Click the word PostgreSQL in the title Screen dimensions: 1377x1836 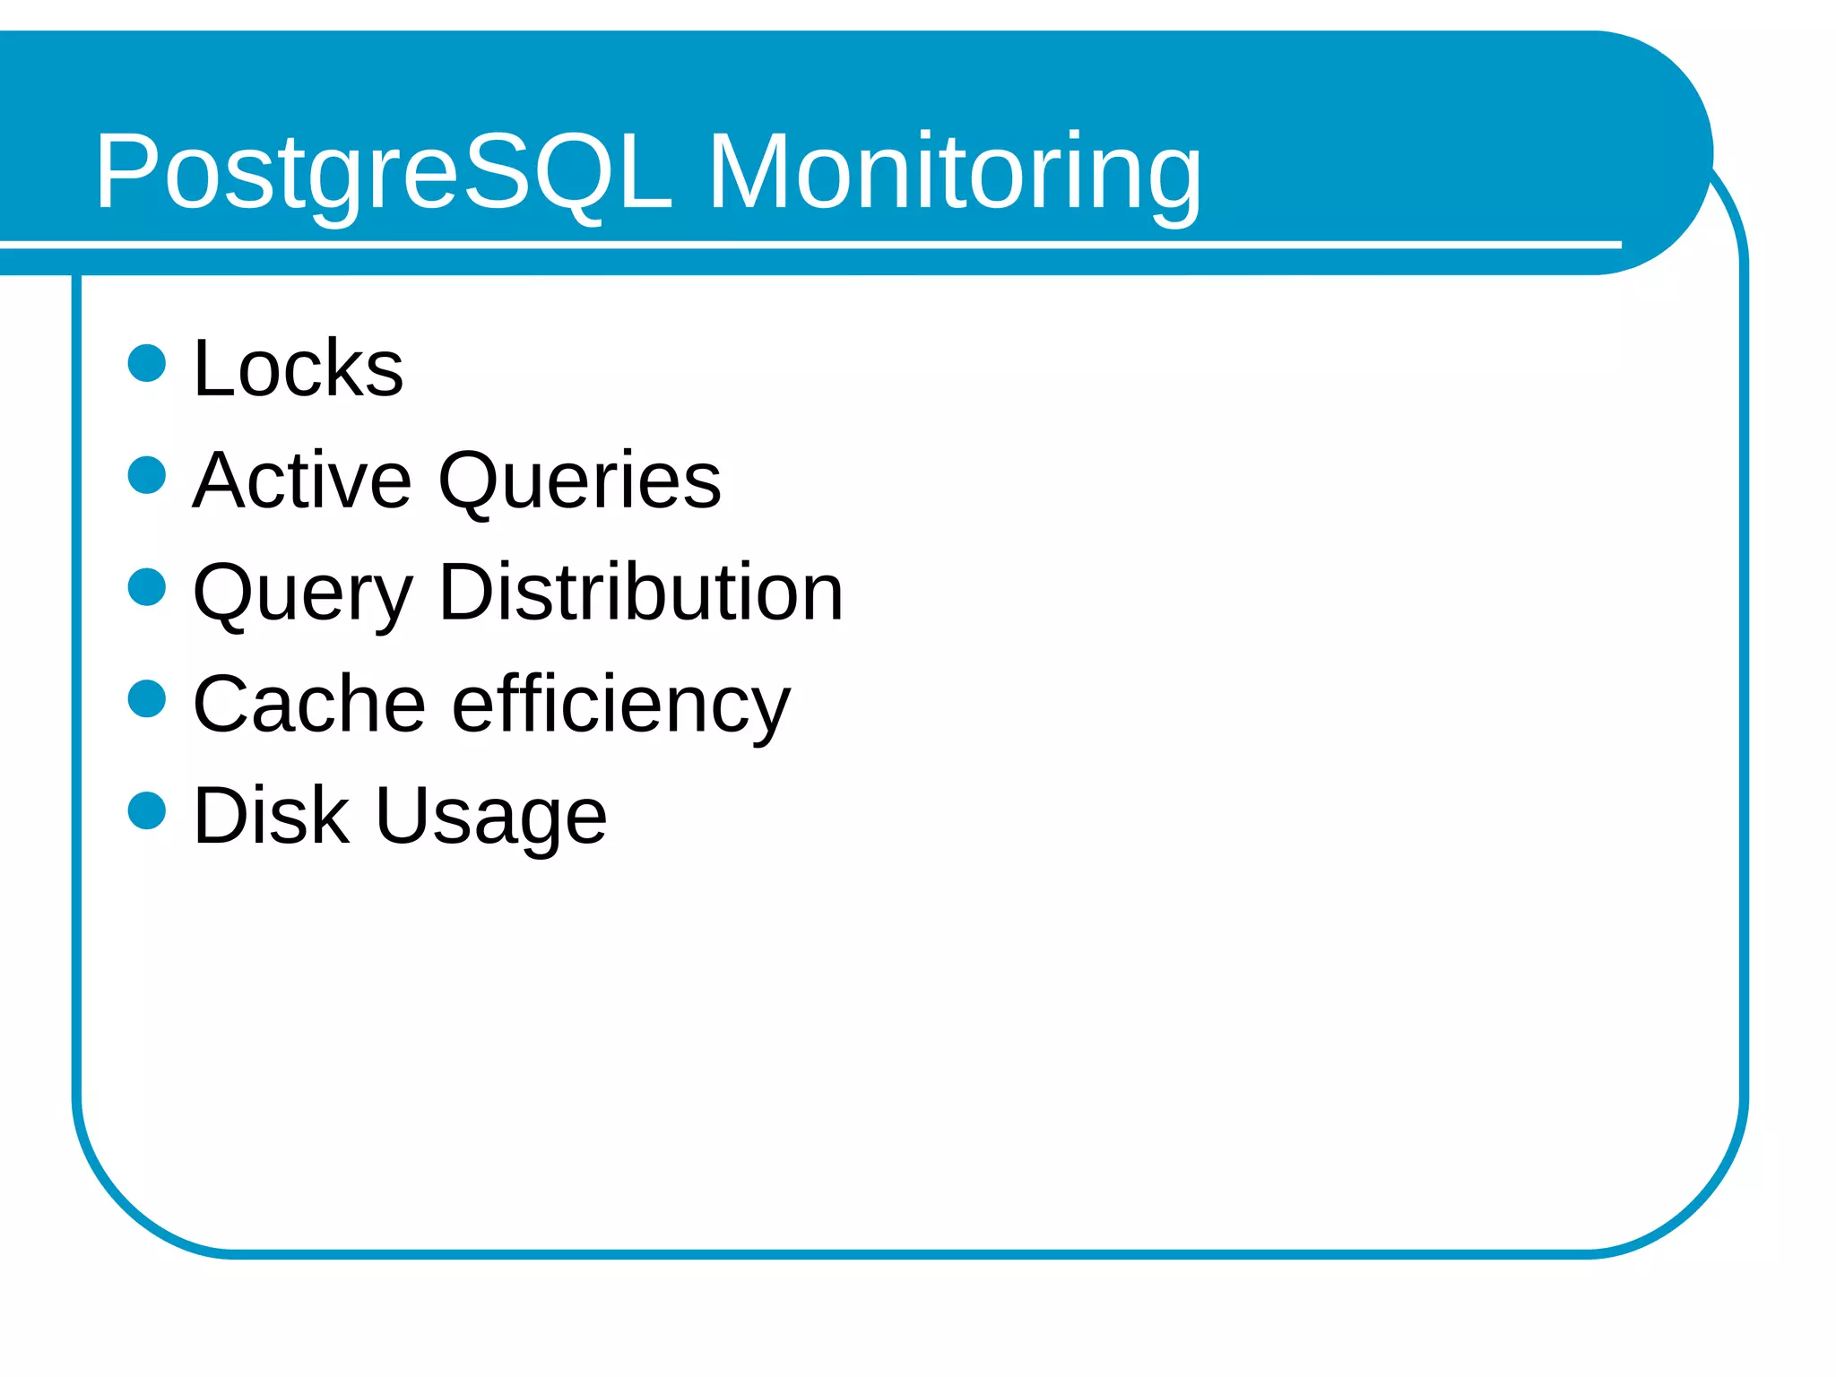click(383, 172)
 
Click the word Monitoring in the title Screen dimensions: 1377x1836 click(954, 172)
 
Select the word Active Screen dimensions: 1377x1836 click(302, 481)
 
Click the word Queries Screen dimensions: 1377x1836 click(579, 482)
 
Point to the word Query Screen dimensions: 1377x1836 click(302, 593)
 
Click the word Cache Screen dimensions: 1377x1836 click(308, 704)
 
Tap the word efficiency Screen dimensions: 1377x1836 click(620, 706)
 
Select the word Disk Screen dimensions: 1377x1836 click(271, 815)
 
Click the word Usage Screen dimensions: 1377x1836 click(490, 817)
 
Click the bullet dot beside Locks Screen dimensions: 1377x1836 click(147, 363)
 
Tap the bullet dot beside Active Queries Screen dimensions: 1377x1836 click(147, 475)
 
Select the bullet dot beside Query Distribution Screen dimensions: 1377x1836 click(147, 587)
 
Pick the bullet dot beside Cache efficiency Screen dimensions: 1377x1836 click(147, 698)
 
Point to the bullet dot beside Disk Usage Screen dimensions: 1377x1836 click(147, 810)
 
